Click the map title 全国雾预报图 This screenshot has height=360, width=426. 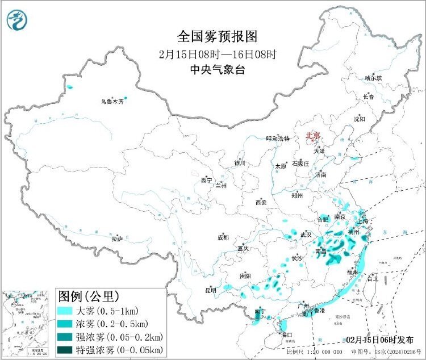[218, 37]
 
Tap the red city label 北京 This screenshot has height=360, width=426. [313, 136]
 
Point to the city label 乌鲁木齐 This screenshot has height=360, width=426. [112, 102]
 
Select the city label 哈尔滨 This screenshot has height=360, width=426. [373, 78]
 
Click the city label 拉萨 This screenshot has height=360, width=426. [117, 239]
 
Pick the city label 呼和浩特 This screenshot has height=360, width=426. [278, 139]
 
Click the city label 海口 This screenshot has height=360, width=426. [286, 335]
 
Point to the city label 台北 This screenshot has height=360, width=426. [372, 279]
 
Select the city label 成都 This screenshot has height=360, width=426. [223, 237]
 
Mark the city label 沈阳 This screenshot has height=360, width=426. [360, 119]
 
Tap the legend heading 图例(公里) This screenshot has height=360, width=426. [88, 296]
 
